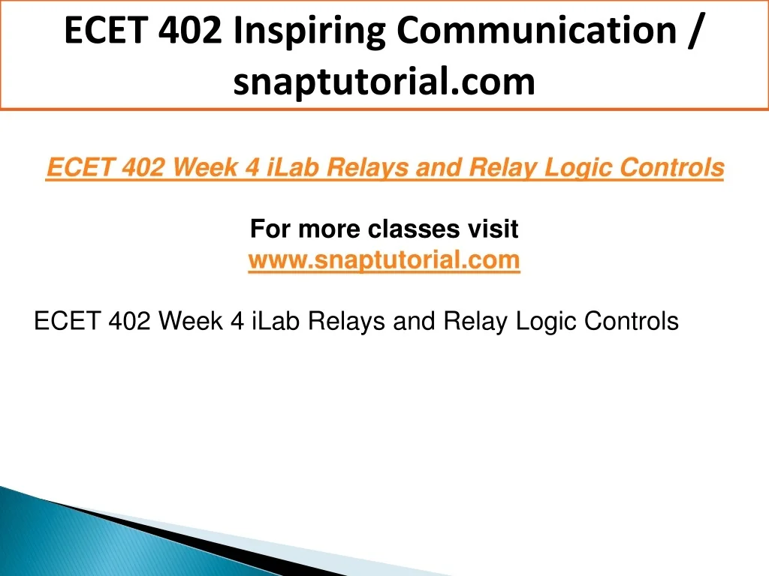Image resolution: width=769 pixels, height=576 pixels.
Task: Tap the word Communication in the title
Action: [536, 30]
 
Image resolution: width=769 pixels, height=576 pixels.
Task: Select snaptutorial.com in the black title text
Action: [384, 81]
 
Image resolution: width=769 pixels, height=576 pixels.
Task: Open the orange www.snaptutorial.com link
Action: [384, 259]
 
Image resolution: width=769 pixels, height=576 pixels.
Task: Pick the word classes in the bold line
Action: [414, 229]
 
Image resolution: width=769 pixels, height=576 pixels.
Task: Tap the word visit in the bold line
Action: [493, 229]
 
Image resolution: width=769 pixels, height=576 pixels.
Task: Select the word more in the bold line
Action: [329, 229]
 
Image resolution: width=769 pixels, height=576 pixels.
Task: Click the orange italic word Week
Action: [205, 167]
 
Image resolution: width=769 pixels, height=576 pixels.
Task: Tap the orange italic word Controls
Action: [671, 167]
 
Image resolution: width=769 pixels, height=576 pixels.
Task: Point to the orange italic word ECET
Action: [80, 167]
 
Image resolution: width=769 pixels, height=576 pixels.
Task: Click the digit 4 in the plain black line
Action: [237, 321]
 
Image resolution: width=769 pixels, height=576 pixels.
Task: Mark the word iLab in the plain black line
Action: [275, 321]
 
